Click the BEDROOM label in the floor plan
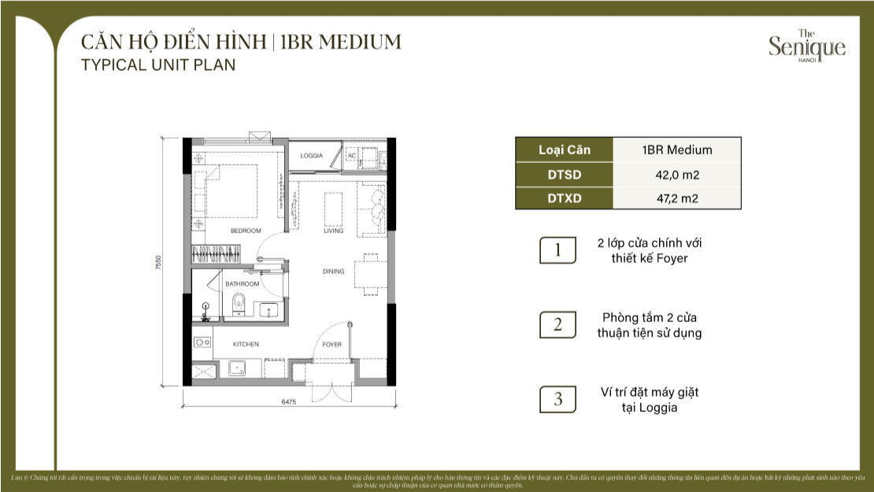245,231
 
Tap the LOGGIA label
312,156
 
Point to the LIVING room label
334,231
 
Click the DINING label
333,272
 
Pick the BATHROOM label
242,283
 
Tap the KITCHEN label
246,344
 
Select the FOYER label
332,344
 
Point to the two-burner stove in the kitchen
202,342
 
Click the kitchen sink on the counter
235,368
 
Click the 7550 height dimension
158,262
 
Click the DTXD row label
564,198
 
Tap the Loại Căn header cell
564,150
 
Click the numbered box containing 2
557,324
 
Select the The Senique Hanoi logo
806,46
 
